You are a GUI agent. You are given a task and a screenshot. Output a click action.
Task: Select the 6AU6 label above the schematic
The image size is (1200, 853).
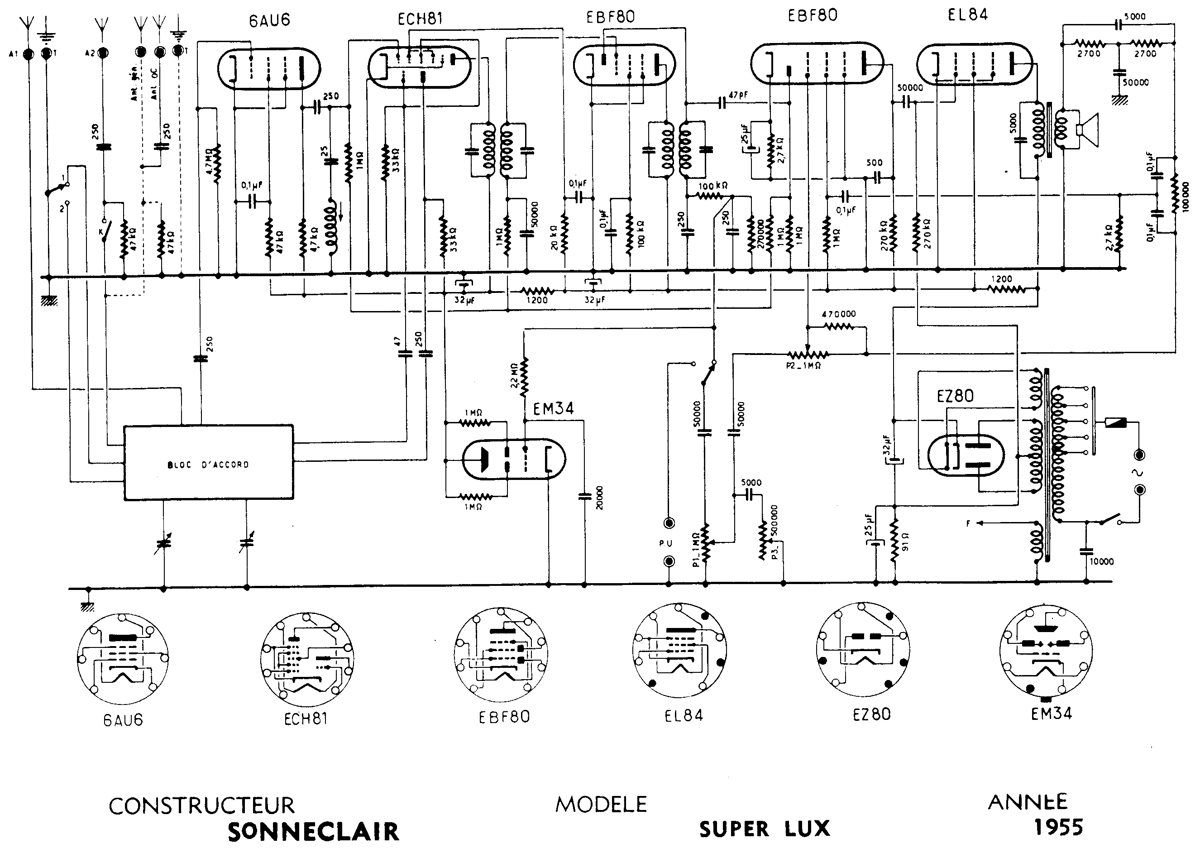(269, 20)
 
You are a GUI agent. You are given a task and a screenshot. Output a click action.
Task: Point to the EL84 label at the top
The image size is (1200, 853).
(967, 14)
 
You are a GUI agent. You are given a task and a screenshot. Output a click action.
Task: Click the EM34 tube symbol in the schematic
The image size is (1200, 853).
(514, 460)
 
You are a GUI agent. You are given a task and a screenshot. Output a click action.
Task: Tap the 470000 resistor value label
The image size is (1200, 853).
(839, 314)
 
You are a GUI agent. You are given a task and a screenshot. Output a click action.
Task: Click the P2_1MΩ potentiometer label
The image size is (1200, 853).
(803, 365)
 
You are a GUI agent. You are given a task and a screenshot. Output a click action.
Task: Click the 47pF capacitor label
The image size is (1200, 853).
(738, 95)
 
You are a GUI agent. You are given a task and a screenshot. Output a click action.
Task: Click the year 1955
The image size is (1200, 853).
(1058, 827)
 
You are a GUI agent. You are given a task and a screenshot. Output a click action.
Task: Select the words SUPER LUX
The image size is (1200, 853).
(764, 829)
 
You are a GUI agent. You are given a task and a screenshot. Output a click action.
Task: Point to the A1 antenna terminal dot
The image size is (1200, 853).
(29, 53)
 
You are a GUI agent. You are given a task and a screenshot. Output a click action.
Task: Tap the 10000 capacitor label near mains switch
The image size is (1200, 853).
(1101, 561)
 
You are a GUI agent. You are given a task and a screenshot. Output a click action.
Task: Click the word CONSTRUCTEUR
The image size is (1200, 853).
(202, 806)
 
